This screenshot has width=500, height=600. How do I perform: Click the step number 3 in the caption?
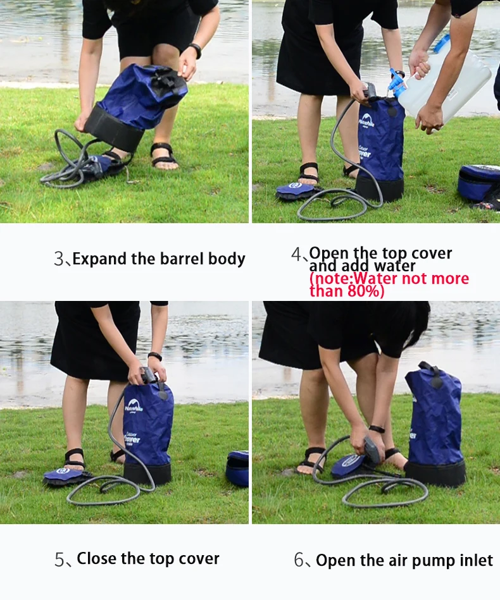(x=59, y=259)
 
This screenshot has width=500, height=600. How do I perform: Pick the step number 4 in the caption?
(x=296, y=255)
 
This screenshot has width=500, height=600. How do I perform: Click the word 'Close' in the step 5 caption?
(x=97, y=559)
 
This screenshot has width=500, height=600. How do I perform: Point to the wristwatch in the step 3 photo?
(x=196, y=50)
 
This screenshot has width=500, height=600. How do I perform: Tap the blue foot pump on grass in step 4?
(x=295, y=190)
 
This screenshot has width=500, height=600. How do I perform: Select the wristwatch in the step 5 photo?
(x=155, y=357)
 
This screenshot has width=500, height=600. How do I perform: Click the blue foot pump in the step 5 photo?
(x=63, y=475)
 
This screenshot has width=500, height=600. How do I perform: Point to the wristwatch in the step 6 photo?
(x=377, y=429)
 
